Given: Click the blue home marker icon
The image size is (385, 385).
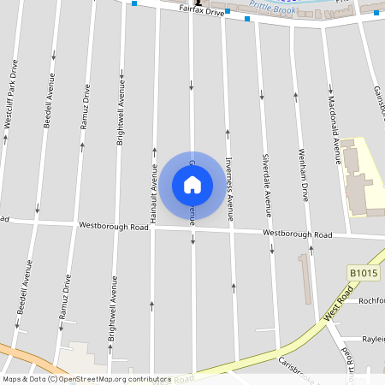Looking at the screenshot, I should (192, 184).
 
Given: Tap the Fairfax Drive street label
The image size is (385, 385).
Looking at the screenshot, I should (201, 13).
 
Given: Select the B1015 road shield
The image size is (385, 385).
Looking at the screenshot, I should (363, 273).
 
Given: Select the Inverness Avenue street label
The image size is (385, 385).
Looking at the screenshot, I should (229, 188).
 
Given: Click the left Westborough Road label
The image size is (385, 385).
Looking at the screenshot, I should (113, 227).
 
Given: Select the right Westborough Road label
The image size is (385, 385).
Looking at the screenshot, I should (297, 234).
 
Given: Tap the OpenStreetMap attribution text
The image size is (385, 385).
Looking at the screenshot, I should (86, 379).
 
